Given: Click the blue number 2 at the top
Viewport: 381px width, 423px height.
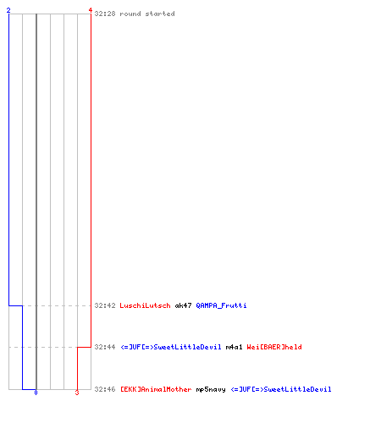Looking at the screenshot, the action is (x=8, y=10).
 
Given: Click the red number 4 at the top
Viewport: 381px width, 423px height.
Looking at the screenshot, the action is (x=91, y=10).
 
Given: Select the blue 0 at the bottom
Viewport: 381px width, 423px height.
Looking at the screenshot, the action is (x=36, y=393).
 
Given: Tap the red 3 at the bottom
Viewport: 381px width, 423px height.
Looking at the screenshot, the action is (x=77, y=393).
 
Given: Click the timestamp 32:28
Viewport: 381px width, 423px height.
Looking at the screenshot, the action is (x=105, y=14).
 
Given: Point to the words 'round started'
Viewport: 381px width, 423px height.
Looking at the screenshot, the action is (x=147, y=14).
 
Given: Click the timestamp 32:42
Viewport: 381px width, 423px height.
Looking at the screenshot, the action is (x=105, y=305).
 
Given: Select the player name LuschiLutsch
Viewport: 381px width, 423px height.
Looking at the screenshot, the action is (x=145, y=305).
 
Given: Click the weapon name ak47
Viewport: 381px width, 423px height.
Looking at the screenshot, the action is (x=183, y=305).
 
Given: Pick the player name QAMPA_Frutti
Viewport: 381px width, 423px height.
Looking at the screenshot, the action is (x=221, y=305).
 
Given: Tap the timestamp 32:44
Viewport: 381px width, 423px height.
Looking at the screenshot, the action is (x=105, y=347).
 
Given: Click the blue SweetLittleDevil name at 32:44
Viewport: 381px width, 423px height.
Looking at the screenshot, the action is (x=171, y=347).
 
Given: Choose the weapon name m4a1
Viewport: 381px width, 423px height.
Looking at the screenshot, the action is (x=234, y=347).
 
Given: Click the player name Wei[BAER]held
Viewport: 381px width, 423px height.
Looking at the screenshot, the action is (x=274, y=347).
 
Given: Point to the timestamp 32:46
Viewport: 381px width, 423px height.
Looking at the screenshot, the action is (x=105, y=389).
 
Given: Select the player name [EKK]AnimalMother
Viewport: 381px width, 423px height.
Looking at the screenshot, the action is (x=156, y=389).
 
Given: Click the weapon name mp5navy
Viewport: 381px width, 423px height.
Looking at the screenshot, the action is (x=211, y=390).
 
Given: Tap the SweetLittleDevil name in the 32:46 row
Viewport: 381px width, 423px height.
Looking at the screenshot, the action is (x=281, y=389).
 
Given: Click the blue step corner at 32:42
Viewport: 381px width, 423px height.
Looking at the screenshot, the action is (x=8, y=305).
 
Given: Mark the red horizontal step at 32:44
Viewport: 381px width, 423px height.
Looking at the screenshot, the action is (x=84, y=347).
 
